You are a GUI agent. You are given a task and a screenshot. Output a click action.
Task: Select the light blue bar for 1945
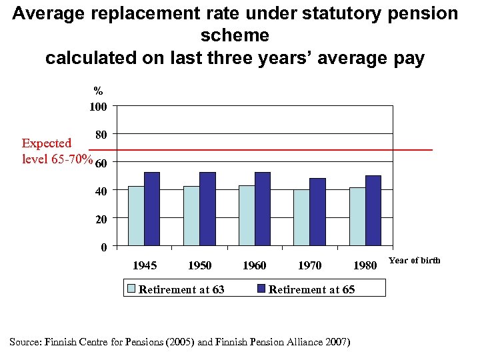click(136, 216)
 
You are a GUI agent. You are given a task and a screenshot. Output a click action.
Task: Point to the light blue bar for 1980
click(357, 217)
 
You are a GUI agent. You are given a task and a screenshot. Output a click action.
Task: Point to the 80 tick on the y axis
click(102, 135)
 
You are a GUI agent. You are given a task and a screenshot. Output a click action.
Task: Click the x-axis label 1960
click(254, 265)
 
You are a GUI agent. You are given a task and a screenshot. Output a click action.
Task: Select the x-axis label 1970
click(309, 265)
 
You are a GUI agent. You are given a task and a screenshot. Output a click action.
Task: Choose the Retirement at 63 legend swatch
click(131, 289)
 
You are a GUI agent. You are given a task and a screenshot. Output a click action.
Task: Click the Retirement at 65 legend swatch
click(261, 289)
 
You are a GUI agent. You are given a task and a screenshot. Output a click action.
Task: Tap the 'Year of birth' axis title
click(414, 261)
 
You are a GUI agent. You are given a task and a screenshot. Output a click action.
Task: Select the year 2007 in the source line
click(337, 342)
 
